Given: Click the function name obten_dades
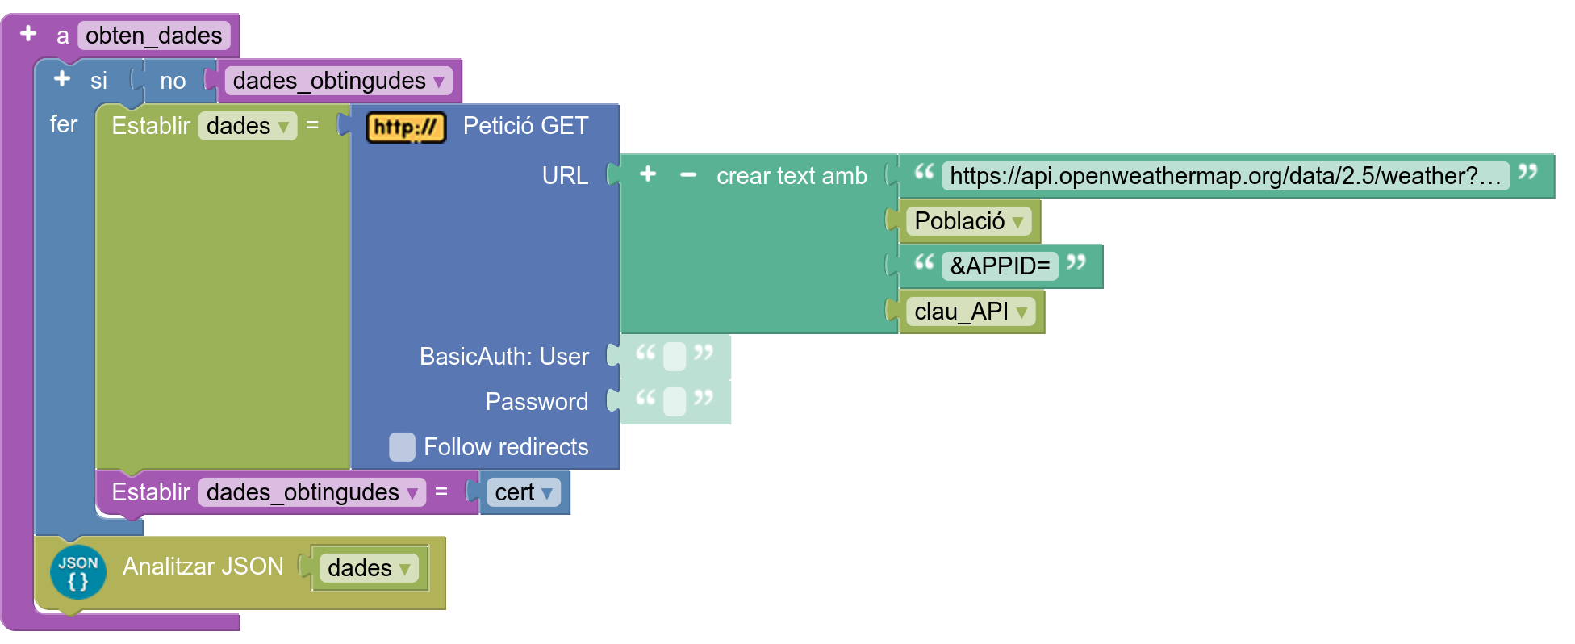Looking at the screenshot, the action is pos(154,36).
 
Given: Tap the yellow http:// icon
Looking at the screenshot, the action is pos(406,127).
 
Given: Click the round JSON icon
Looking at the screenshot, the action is pos(78,571).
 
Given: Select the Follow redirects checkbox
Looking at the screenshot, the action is pos(402,446).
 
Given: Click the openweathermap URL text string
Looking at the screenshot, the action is pos(1226,175).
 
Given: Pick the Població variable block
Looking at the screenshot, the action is pos(968,220).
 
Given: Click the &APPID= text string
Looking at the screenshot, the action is pos(1000,266).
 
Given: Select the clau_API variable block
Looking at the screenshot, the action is pos(970,311).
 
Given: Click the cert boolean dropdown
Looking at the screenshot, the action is pos(524,492).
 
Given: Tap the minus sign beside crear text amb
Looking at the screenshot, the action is pos(688,174).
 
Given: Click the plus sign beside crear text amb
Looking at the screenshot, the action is pos(648,174).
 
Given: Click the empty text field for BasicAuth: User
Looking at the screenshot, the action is pos(675,356).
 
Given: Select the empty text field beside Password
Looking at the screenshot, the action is pos(675,401).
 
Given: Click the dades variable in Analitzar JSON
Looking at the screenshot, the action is pos(369,567).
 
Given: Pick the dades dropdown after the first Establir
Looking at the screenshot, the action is pos(248,126).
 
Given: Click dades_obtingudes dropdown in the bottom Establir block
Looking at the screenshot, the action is pos(312,492).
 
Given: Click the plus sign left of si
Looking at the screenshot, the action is pos(62,79).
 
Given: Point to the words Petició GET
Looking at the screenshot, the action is pos(526,126).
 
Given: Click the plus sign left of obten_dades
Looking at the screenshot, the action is pos(28,34).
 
